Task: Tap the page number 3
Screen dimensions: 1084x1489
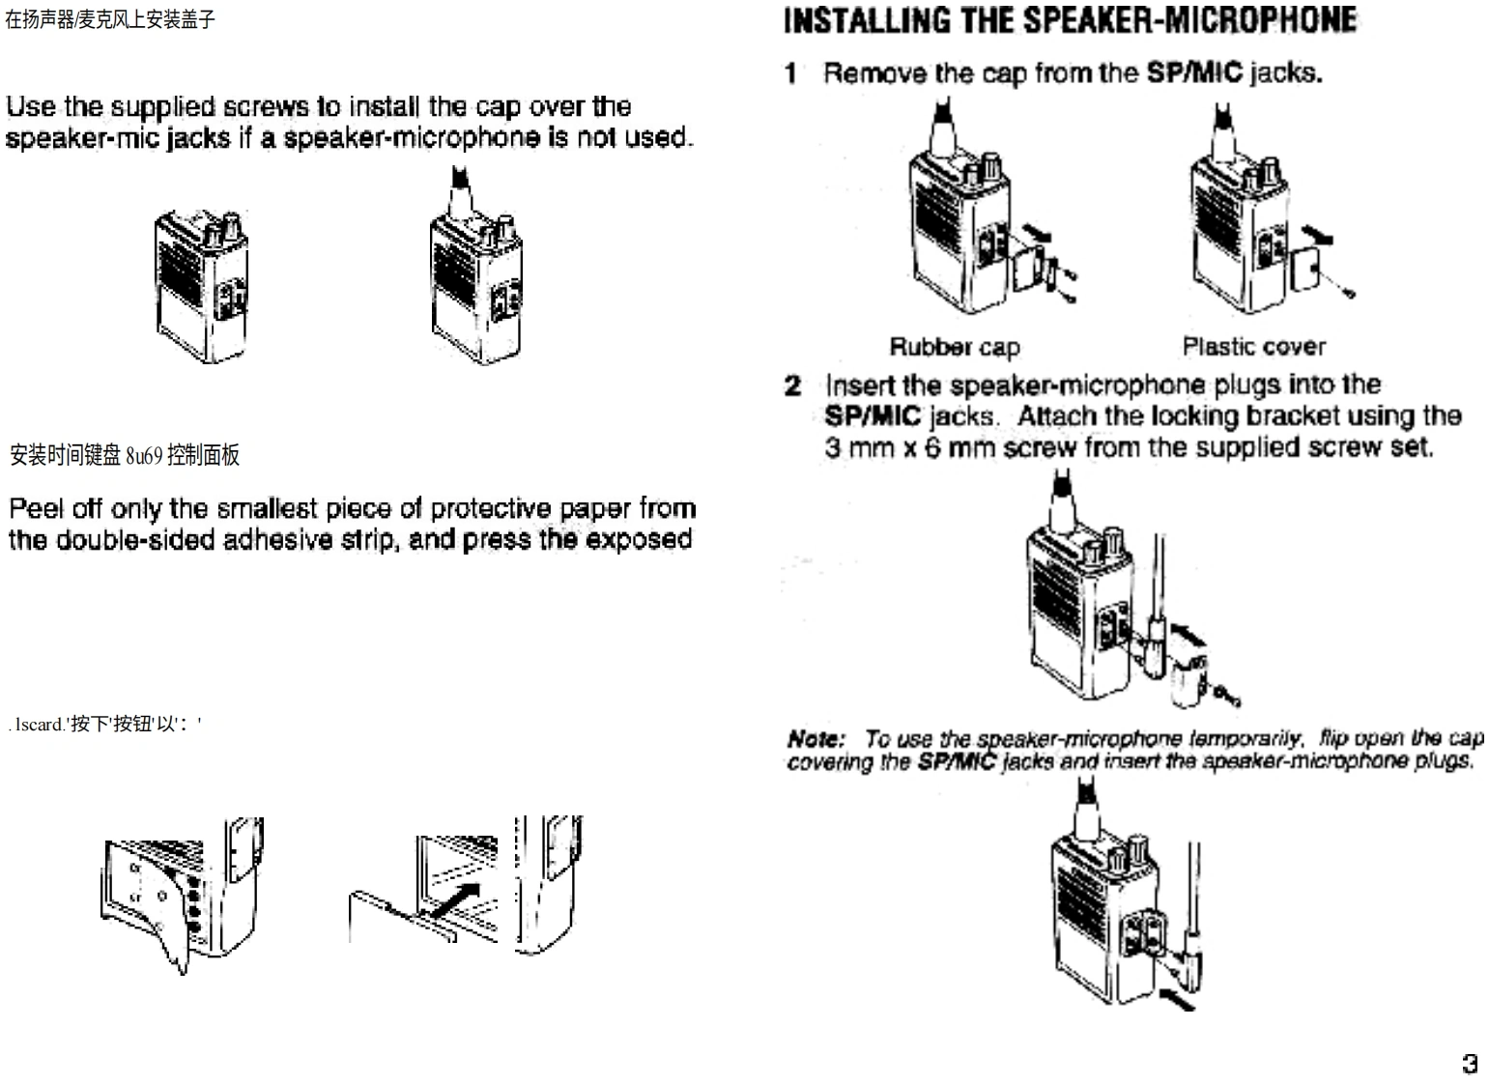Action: pos(1470,1064)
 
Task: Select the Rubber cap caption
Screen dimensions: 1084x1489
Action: pos(954,346)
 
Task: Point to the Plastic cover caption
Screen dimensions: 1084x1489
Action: pos(1253,346)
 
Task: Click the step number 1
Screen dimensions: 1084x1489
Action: pos(791,73)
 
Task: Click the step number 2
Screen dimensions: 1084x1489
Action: pos(792,385)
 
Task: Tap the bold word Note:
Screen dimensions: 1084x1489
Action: pos(816,739)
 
